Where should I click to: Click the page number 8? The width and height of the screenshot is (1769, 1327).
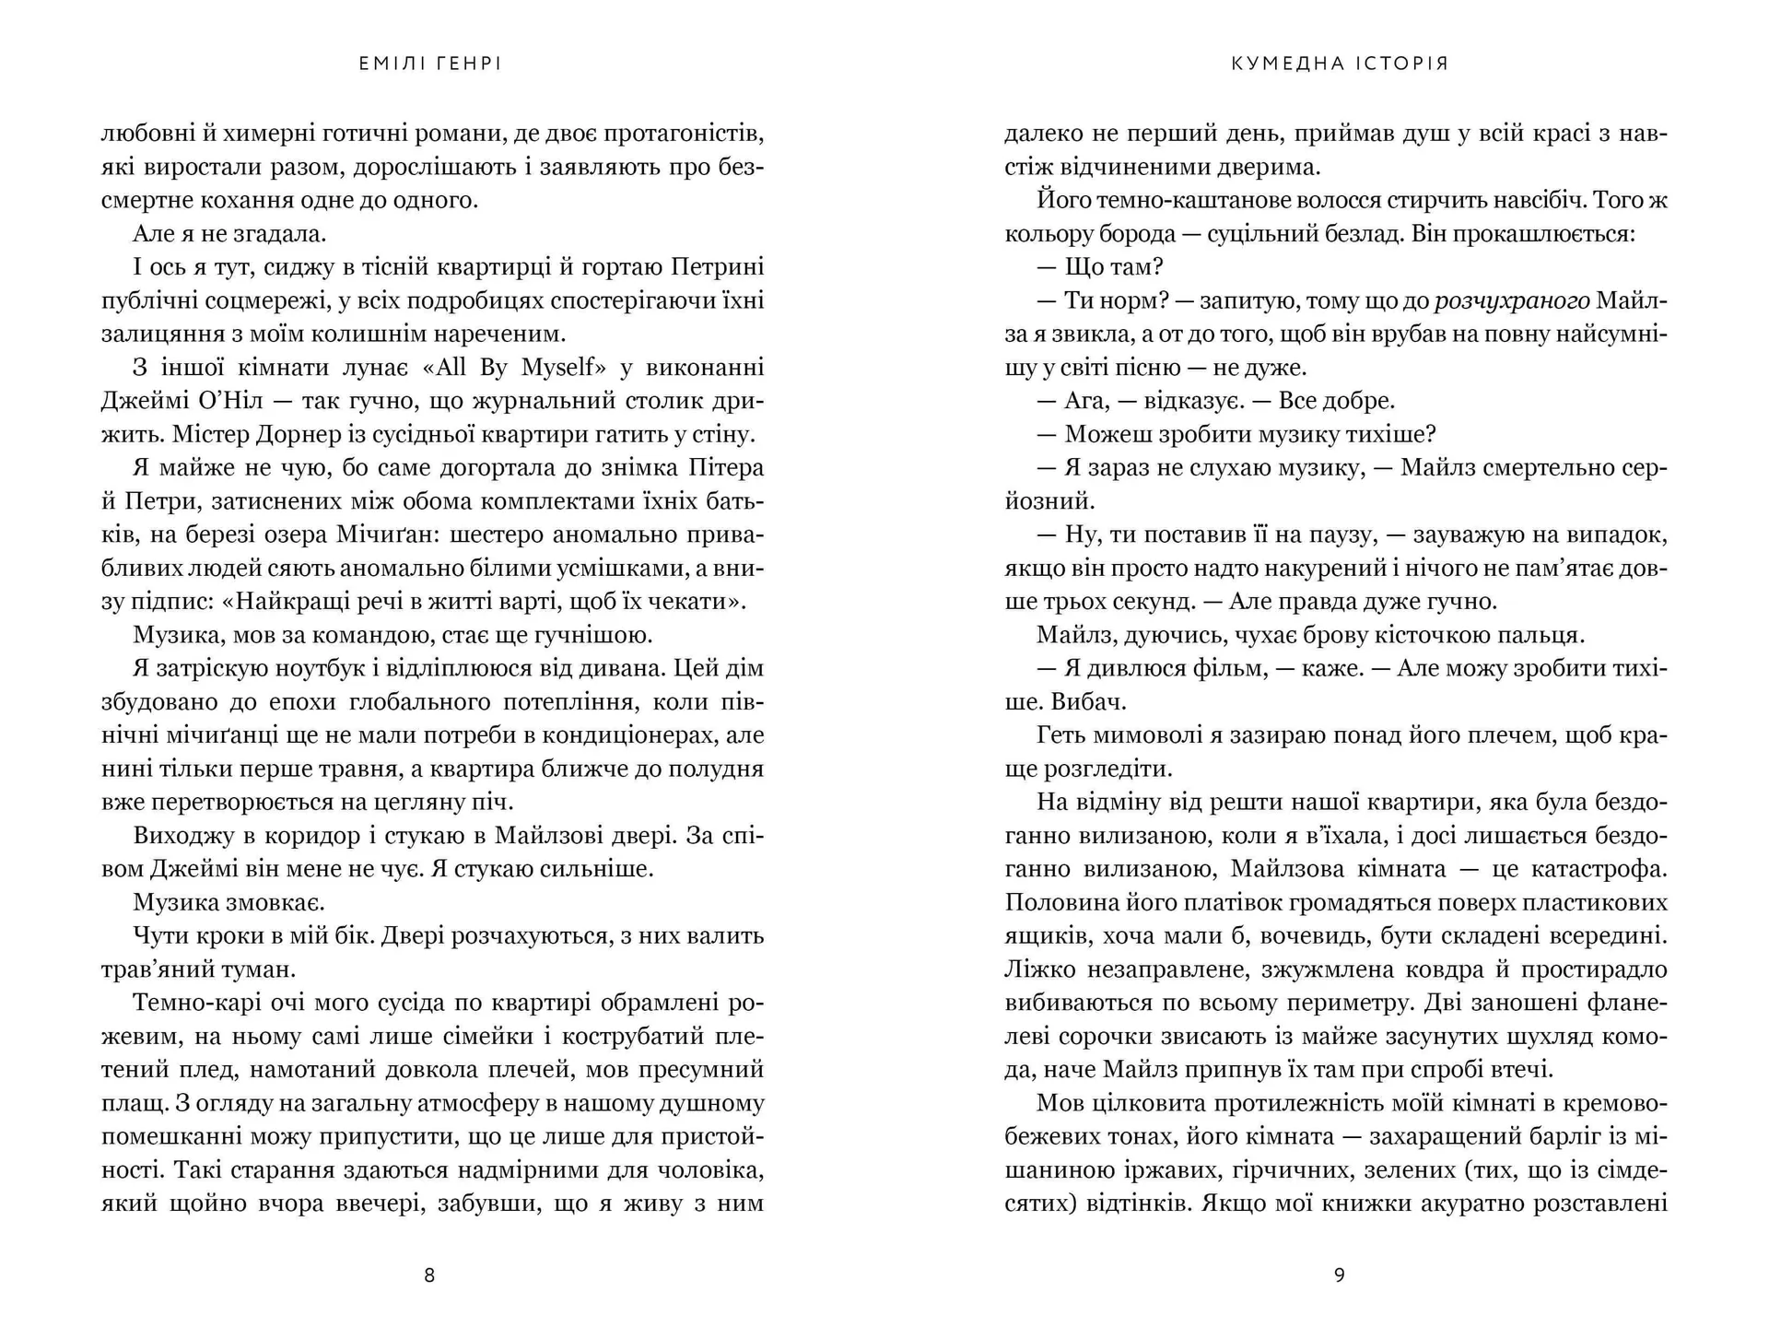tap(428, 1275)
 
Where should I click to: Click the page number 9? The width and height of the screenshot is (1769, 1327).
tap(1340, 1275)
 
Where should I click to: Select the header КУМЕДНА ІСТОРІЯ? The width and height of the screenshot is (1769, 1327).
tap(1340, 64)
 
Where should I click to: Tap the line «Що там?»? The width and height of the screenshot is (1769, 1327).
tap(1100, 267)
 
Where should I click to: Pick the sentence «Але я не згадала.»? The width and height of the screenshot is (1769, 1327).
tap(230, 234)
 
